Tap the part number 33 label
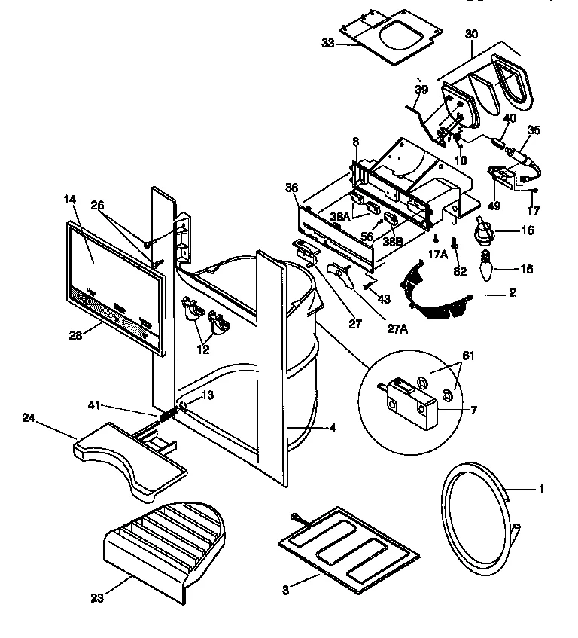[327, 44]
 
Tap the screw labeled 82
[456, 246]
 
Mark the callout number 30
[472, 35]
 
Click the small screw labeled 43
[367, 285]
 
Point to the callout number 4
[332, 428]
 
